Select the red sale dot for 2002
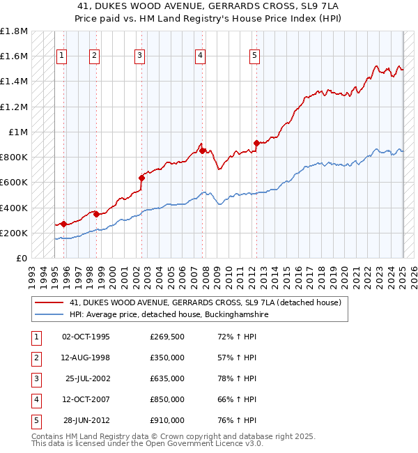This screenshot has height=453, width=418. point(141,178)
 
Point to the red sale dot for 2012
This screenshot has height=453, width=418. point(256,143)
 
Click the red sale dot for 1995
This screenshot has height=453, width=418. point(63,224)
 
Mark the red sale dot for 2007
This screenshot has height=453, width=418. point(202,151)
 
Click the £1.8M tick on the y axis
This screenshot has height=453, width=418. point(14,31)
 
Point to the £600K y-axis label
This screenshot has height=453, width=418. point(13,183)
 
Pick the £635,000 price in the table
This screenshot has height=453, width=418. point(167,378)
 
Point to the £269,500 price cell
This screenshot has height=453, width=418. point(167,337)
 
